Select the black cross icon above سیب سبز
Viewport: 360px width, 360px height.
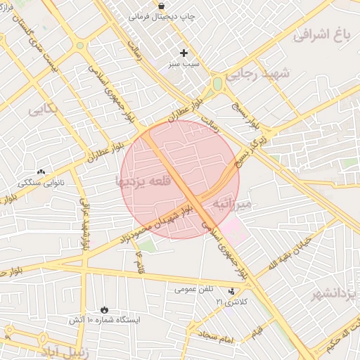[184, 53]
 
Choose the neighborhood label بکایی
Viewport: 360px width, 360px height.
[44, 110]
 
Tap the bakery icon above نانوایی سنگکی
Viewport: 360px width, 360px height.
[41, 172]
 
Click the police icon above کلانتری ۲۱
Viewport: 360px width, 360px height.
[232, 291]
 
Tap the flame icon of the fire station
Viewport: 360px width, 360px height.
[105, 309]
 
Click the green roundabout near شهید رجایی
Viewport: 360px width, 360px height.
[217, 84]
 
